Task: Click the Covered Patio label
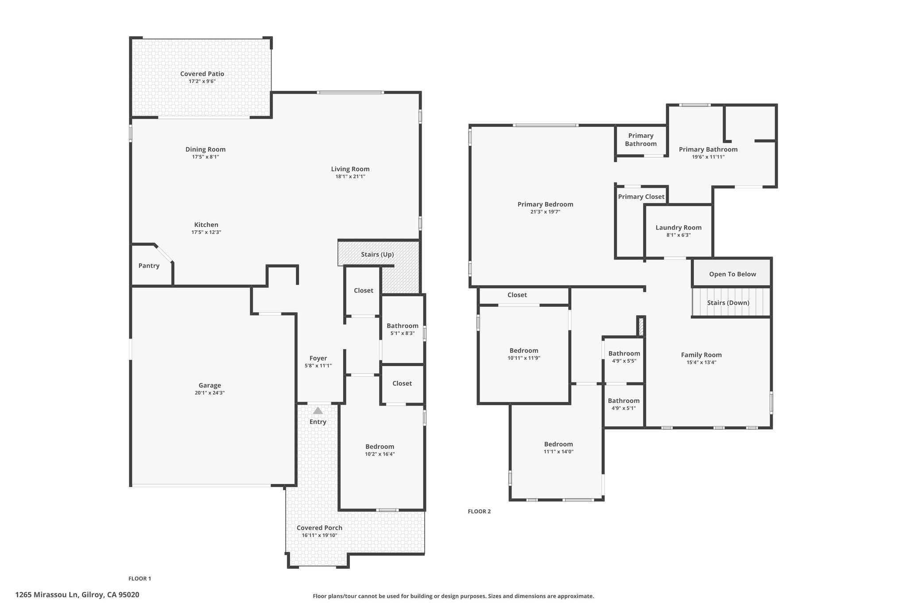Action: click(202, 74)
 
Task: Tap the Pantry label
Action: click(149, 266)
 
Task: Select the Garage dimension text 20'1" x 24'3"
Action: click(209, 393)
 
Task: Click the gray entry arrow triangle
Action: click(318, 410)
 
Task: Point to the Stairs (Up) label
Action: click(377, 254)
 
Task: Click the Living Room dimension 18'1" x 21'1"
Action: click(350, 176)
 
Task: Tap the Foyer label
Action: click(318, 358)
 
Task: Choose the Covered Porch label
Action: click(319, 528)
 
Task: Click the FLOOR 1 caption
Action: click(140, 578)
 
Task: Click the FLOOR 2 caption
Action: click(479, 511)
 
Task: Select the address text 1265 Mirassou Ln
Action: click(47, 595)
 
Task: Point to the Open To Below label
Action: click(733, 274)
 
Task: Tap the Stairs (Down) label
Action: click(728, 303)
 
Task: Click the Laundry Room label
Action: click(678, 228)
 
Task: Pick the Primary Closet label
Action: click(641, 197)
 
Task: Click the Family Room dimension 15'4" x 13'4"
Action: click(701, 362)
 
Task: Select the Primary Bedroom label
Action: click(545, 204)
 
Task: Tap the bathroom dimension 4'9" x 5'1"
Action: click(624, 408)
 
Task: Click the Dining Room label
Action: click(205, 149)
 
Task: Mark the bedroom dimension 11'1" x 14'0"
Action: click(558, 452)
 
